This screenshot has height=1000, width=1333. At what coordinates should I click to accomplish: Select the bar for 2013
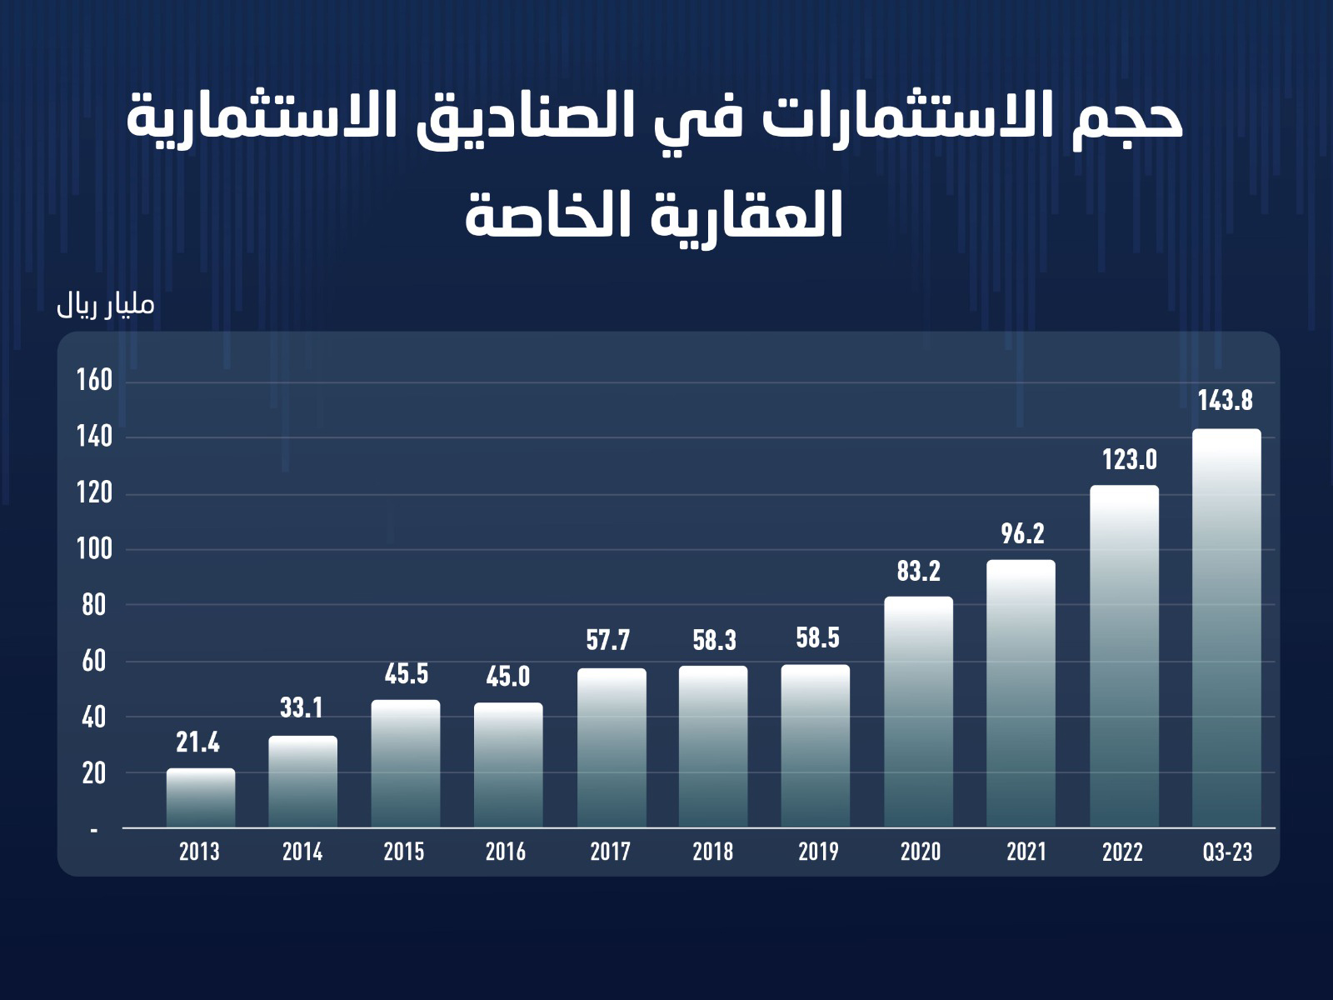click(x=201, y=797)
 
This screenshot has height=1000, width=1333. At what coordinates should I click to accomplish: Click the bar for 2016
click(x=508, y=765)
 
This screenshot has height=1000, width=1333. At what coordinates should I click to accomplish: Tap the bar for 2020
click(x=919, y=712)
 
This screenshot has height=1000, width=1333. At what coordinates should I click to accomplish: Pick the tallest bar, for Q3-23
click(x=1226, y=628)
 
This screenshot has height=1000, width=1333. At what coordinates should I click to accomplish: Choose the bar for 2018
click(x=713, y=747)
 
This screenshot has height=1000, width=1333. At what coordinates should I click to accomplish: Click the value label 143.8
click(x=1226, y=401)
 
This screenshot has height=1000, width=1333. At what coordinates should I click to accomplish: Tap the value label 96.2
click(x=1022, y=533)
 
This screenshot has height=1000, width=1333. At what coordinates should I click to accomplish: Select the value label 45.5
click(x=407, y=674)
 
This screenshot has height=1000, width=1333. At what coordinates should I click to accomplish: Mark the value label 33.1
click(x=301, y=708)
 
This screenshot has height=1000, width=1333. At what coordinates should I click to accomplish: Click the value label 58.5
click(x=817, y=638)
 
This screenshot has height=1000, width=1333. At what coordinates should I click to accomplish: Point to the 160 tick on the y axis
click(x=94, y=381)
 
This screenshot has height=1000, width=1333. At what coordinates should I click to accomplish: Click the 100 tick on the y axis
click(x=94, y=550)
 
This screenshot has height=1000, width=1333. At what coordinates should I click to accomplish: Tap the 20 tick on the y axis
click(x=94, y=773)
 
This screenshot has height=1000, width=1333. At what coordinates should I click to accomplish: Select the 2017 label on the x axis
click(x=610, y=852)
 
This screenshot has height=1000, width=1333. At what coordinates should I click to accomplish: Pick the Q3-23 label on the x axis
click(x=1227, y=852)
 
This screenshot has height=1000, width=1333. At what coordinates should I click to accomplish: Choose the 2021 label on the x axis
click(x=1026, y=852)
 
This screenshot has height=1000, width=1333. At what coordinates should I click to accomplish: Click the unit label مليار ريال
click(x=106, y=305)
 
